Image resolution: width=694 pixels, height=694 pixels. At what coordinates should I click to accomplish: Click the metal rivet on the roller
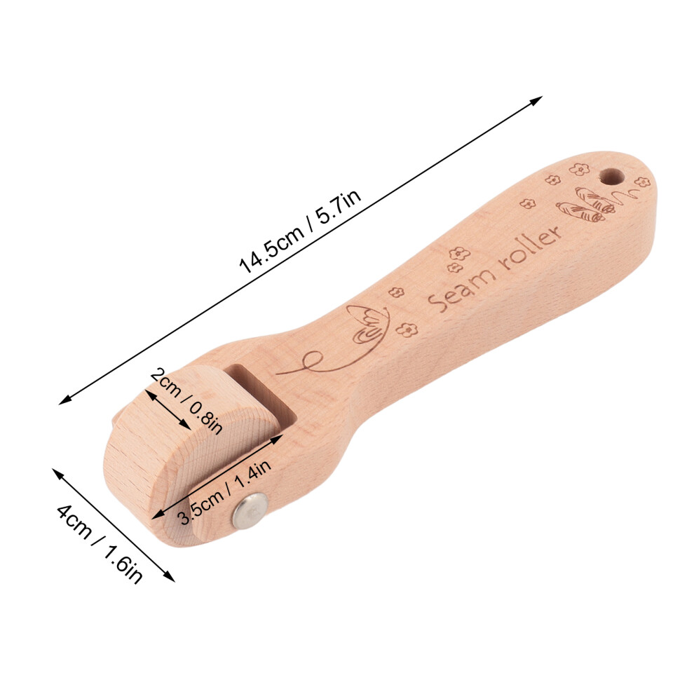tap(251, 511)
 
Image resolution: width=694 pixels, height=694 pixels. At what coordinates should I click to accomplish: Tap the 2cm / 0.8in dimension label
tap(186, 400)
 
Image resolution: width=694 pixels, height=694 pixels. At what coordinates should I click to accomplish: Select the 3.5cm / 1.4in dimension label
tap(224, 491)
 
